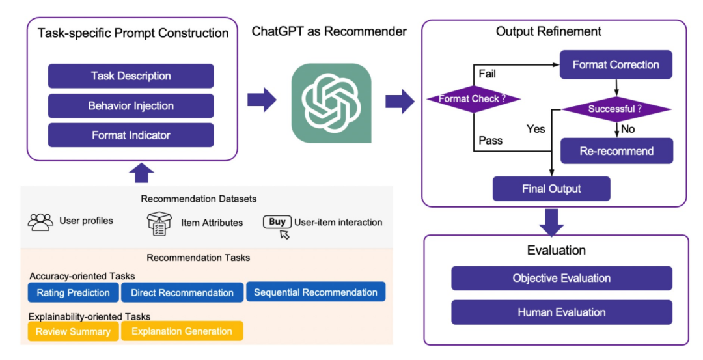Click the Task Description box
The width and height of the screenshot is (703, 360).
pos(131,76)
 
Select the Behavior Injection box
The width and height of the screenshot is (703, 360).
pos(131,105)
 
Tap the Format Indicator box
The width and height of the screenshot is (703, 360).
pos(131,135)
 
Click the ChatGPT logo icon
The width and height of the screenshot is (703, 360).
pos(331,103)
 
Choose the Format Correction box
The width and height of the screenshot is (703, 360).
pos(615,65)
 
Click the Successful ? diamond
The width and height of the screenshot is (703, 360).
pos(615,109)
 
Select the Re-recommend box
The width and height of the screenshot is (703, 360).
pos(616,152)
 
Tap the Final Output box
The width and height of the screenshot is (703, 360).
pos(551,189)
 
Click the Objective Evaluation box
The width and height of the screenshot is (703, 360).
pos(561,278)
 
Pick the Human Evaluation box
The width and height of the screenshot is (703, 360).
pos(561,312)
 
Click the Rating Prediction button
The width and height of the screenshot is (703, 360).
pos(73,292)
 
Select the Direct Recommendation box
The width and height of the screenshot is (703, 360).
pos(182,292)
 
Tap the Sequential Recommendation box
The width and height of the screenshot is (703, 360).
pos(316,292)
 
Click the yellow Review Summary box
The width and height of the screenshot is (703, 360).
pos(73,331)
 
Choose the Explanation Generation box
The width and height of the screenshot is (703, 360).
pos(182,331)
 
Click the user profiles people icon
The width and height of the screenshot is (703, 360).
pos(40,221)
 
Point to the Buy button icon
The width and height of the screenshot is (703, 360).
pos(277,222)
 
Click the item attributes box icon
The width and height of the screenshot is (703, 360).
pos(159,223)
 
